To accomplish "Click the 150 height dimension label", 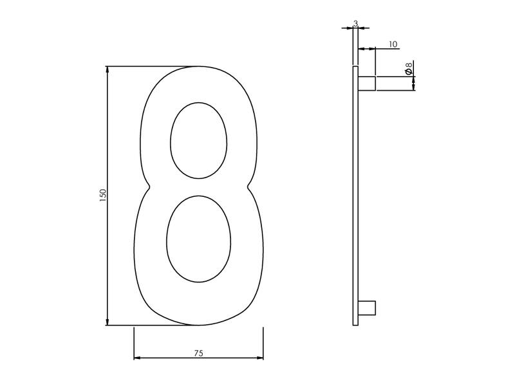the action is pos(103,195).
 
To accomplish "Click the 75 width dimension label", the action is pos(198,353).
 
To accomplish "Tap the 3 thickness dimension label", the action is pos(355,23).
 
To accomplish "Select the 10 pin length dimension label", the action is pos(393,44).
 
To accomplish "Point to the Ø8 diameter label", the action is pos(409,68).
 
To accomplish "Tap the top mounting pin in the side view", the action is pos(366,84).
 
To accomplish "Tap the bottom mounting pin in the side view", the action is pos(366,308).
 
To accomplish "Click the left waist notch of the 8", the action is pos(149,187).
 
